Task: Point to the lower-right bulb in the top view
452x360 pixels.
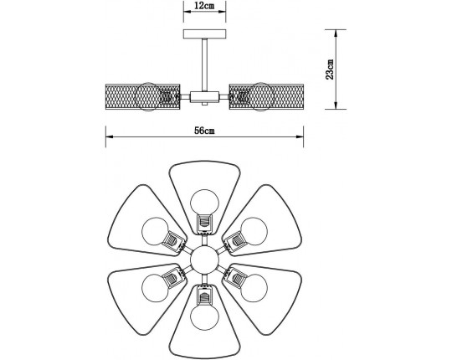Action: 251,288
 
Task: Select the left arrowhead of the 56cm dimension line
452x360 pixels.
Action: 108,138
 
